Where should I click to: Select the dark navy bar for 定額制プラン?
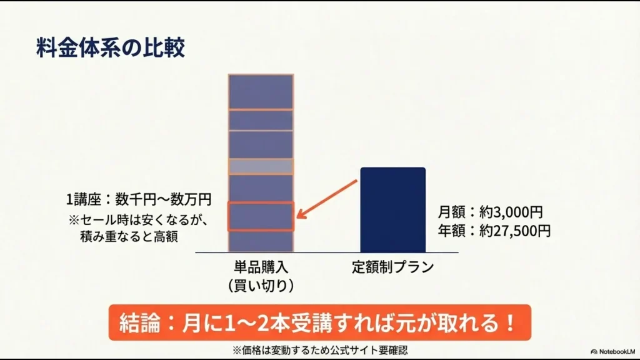click(x=392, y=209)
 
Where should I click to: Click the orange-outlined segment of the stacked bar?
click(x=261, y=217)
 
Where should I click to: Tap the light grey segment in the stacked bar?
click(x=261, y=166)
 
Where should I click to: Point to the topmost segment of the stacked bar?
click(x=261, y=92)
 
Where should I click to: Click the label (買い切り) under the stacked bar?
click(x=261, y=285)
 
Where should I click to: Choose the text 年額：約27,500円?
click(x=494, y=231)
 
